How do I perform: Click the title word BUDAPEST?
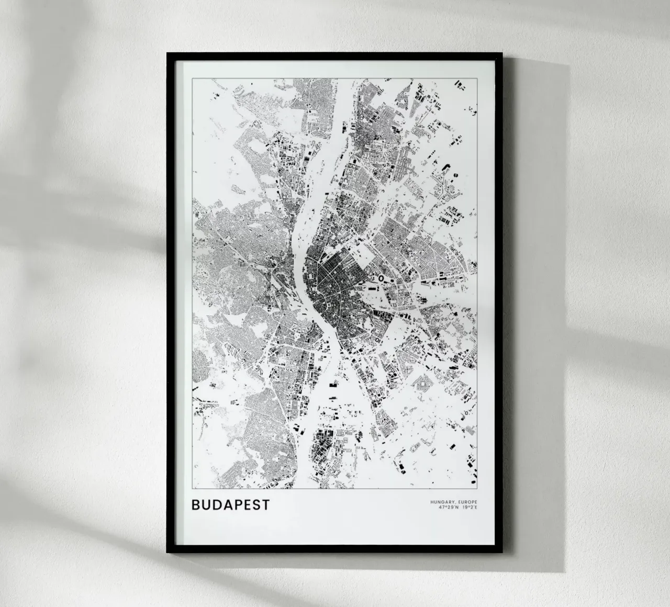pyautogui.click(x=231, y=505)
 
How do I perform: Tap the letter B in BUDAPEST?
pyautogui.click(x=196, y=505)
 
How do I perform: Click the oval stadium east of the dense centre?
pyautogui.click(x=382, y=278)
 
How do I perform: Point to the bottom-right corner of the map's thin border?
pyautogui.click(x=477, y=489)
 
